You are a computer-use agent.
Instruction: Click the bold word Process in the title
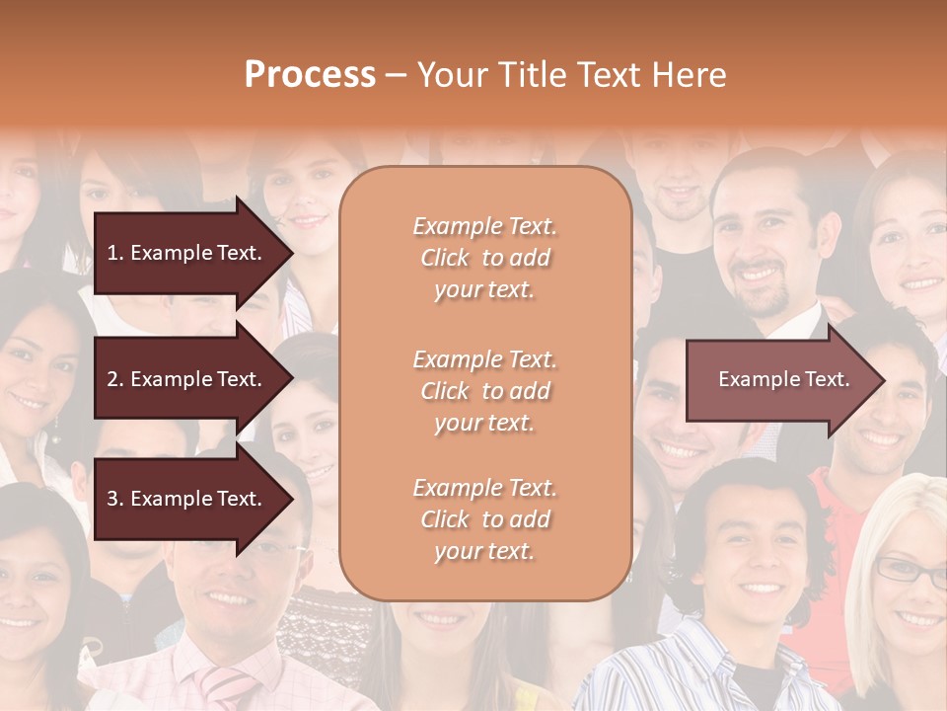click(x=310, y=75)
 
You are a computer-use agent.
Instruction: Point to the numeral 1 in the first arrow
click(x=112, y=253)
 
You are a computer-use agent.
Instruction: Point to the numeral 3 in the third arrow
click(x=112, y=499)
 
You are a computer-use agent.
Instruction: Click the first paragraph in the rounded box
click(x=485, y=258)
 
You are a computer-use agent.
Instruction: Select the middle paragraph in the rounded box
click(x=485, y=390)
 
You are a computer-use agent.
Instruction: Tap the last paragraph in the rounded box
click(x=485, y=519)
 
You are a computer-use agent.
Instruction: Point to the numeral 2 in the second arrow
click(x=112, y=379)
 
